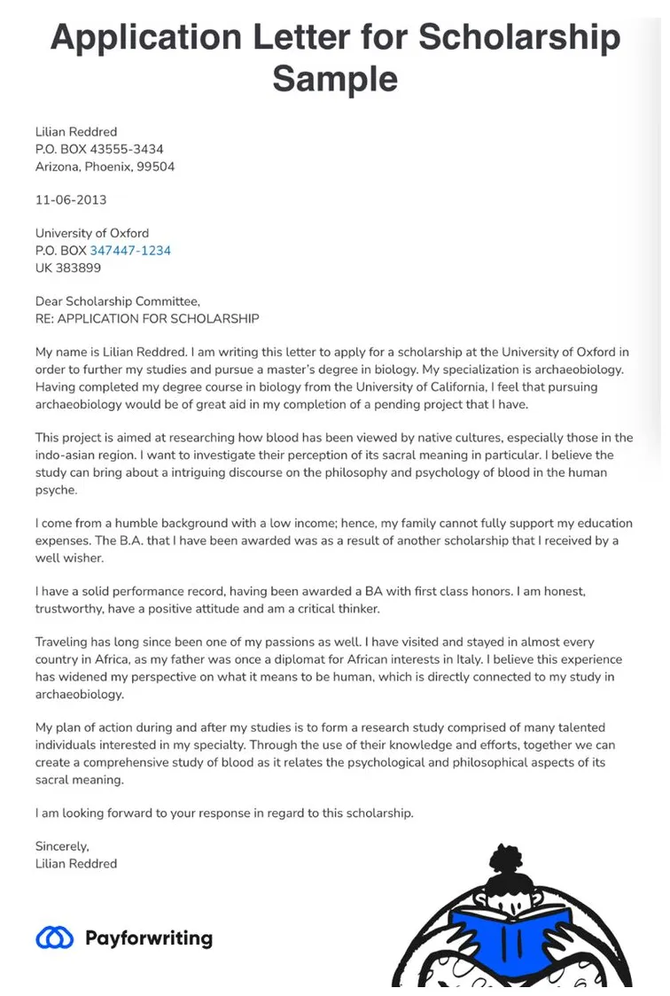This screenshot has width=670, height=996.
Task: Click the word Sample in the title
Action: (335, 79)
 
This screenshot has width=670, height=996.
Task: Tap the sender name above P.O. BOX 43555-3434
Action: (76, 132)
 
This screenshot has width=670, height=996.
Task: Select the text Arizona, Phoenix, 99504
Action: (105, 167)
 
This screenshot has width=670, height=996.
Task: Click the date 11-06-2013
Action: (71, 200)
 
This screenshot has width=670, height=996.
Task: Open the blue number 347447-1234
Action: (130, 251)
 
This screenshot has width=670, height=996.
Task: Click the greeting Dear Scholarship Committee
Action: (118, 301)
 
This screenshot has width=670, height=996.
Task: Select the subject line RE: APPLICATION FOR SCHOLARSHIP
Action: (147, 318)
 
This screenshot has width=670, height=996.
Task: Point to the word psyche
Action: (56, 490)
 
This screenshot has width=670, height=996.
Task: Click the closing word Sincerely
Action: (62, 846)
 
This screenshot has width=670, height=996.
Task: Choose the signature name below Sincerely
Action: (76, 863)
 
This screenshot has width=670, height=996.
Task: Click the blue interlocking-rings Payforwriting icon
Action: (55, 938)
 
